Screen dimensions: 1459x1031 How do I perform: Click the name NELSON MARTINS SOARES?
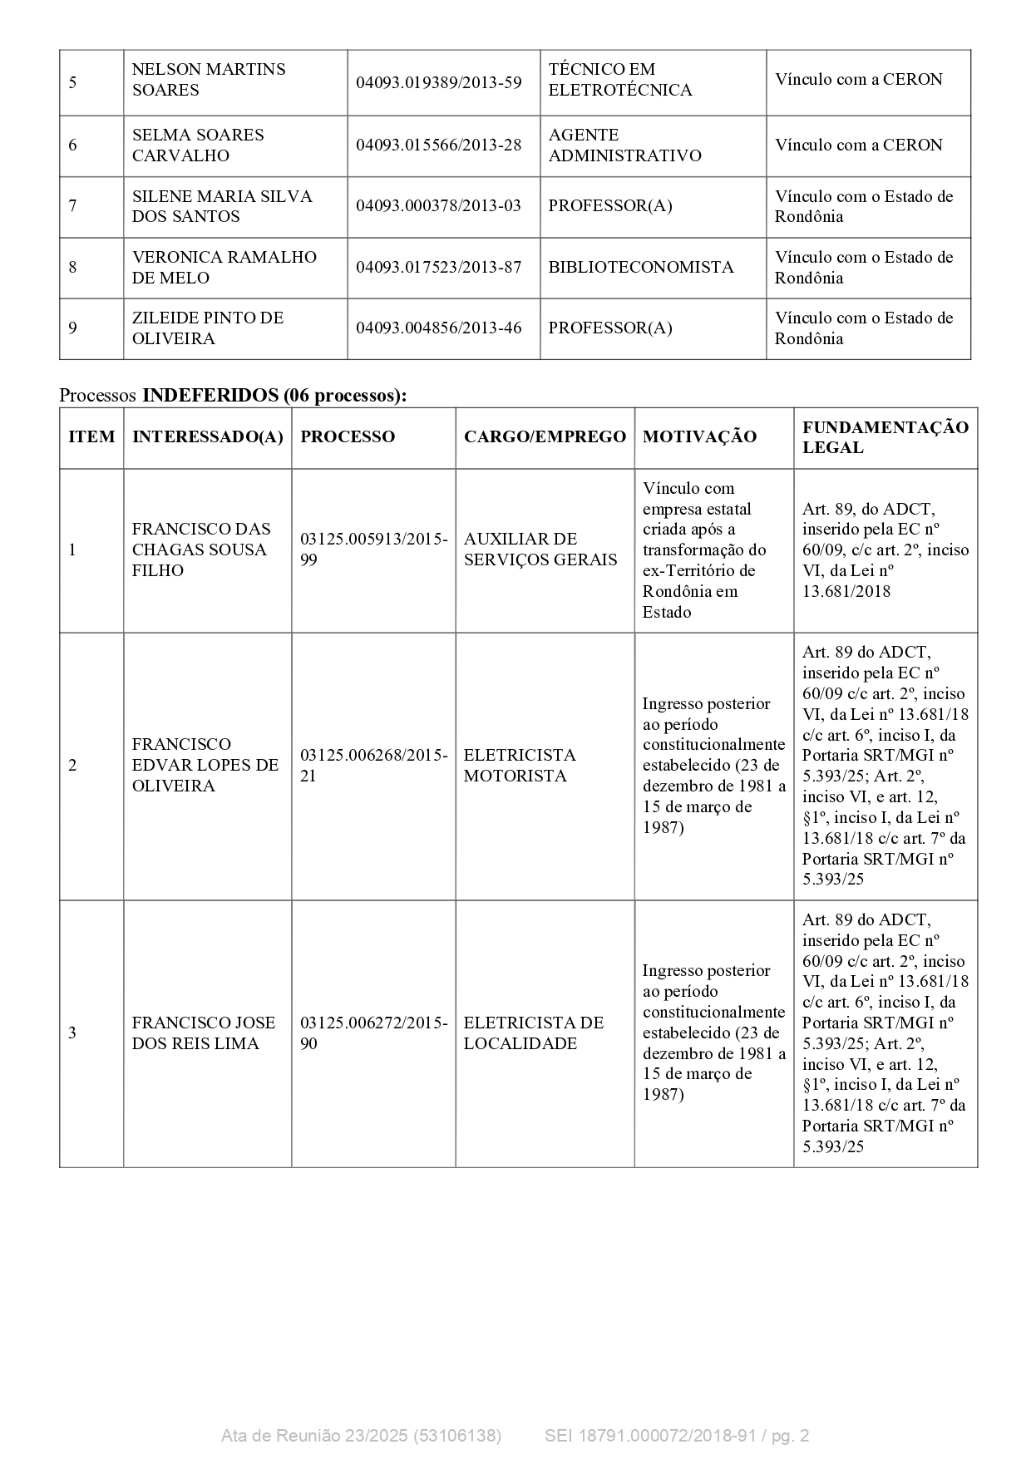pyautogui.click(x=208, y=80)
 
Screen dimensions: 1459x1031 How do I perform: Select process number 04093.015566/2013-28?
pyautogui.click(x=438, y=145)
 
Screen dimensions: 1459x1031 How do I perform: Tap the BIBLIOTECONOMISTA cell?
pyautogui.click(x=640, y=267)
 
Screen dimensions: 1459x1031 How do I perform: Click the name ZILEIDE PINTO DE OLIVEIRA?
pyautogui.click(x=207, y=328)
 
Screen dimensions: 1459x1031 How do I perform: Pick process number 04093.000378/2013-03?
pyautogui.click(x=438, y=205)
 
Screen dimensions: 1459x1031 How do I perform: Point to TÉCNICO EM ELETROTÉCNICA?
pyautogui.click(x=619, y=80)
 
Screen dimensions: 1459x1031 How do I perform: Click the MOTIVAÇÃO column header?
pyautogui.click(x=699, y=437)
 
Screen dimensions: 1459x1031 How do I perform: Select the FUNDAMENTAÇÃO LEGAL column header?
pyautogui.click(x=885, y=437)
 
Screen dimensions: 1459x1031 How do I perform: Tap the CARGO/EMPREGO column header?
pyautogui.click(x=545, y=437)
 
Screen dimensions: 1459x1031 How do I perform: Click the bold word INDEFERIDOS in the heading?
pyautogui.click(x=210, y=396)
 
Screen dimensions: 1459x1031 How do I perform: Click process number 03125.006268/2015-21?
pyautogui.click(x=373, y=765)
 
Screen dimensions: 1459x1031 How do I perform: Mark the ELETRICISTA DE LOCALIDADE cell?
pyautogui.click(x=533, y=1033)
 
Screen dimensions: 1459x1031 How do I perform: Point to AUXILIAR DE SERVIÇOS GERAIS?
pyautogui.click(x=540, y=550)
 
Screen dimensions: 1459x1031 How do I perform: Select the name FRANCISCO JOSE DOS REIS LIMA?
pyautogui.click(x=203, y=1033)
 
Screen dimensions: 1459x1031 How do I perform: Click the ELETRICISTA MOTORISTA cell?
pyautogui.click(x=519, y=765)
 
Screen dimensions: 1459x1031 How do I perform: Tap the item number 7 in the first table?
pyautogui.click(x=73, y=205)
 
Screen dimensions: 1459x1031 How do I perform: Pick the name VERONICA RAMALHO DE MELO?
pyautogui.click(x=224, y=267)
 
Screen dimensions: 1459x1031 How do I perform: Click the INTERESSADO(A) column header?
pyautogui.click(x=207, y=437)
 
